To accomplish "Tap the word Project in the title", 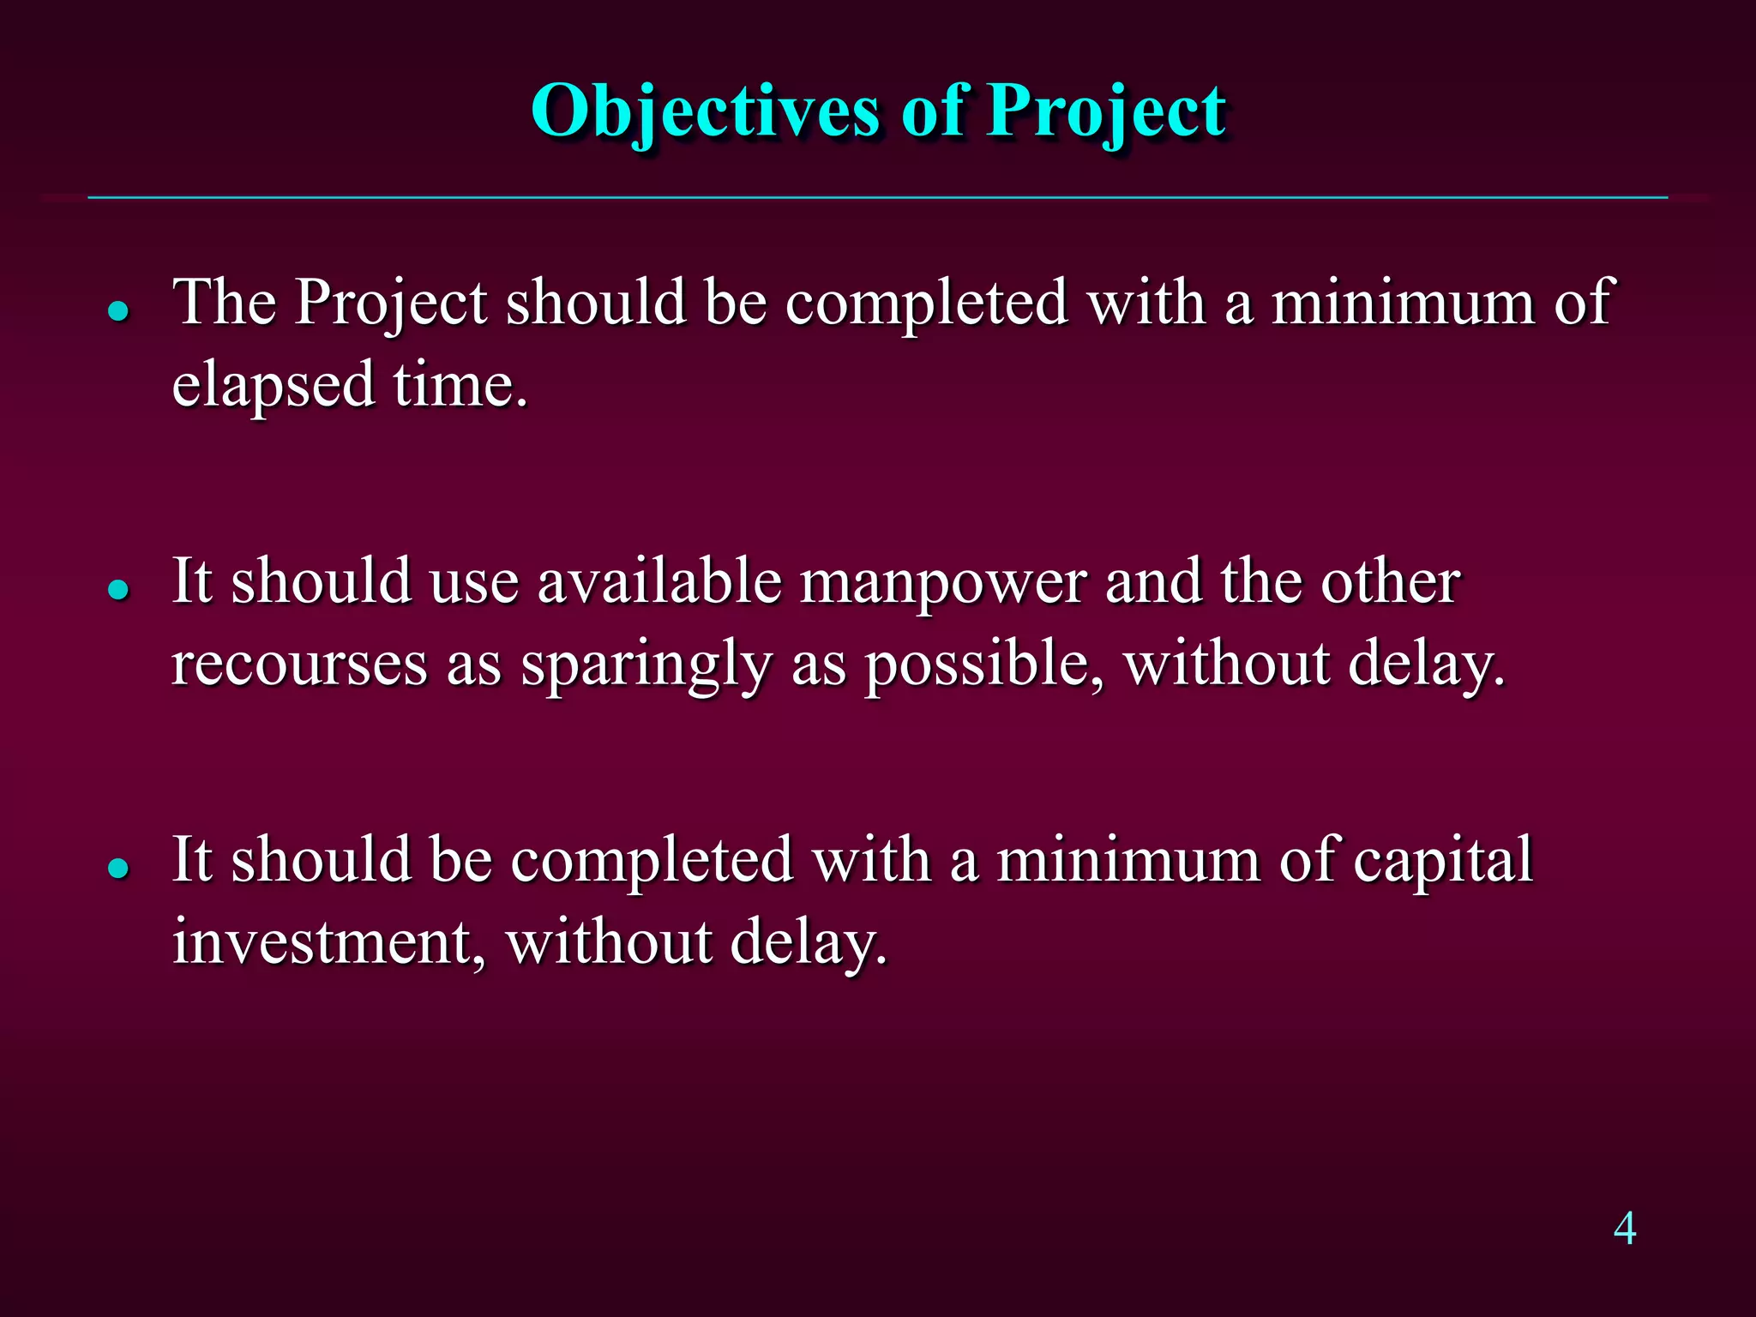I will click(1106, 111).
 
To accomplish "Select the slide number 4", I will click(1624, 1228).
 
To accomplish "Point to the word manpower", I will click(943, 583).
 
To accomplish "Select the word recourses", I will click(299, 664).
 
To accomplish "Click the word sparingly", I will click(646, 665).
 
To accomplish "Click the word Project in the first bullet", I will click(391, 304).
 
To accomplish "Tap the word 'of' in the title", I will click(932, 111).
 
